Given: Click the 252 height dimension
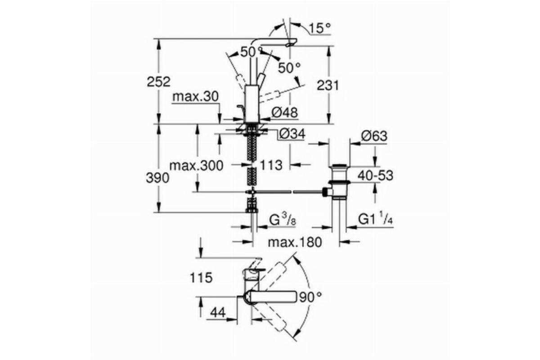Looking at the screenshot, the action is tap(158, 82).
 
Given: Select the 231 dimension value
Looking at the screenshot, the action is tap(328, 85).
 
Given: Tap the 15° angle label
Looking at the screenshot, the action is tap(319, 28).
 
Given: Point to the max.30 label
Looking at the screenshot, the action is tap(195, 96).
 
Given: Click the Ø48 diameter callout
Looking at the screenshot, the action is tap(284, 112).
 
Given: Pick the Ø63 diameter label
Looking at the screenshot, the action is tap(374, 136).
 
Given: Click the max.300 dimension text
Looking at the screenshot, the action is tap(196, 166).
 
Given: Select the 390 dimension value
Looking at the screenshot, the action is tap(157, 179).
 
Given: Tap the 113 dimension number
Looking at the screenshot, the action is tap(271, 165).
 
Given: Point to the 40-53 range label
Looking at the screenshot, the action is tap(375, 175).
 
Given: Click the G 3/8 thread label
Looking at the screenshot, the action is tap(282, 220).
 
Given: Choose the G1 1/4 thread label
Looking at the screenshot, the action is tap(376, 219).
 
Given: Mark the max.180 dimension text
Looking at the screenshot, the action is tap(295, 242).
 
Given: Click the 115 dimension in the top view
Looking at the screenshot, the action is tap(201, 278).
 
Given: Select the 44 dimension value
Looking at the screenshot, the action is tap(218, 312).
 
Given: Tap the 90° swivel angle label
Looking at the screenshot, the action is tap(310, 297).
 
